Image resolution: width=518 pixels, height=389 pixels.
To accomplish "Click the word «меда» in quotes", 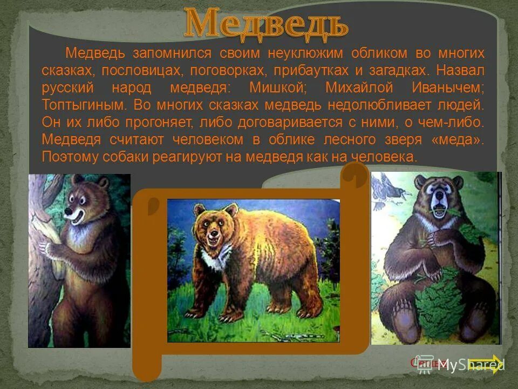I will (x=460, y=139).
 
